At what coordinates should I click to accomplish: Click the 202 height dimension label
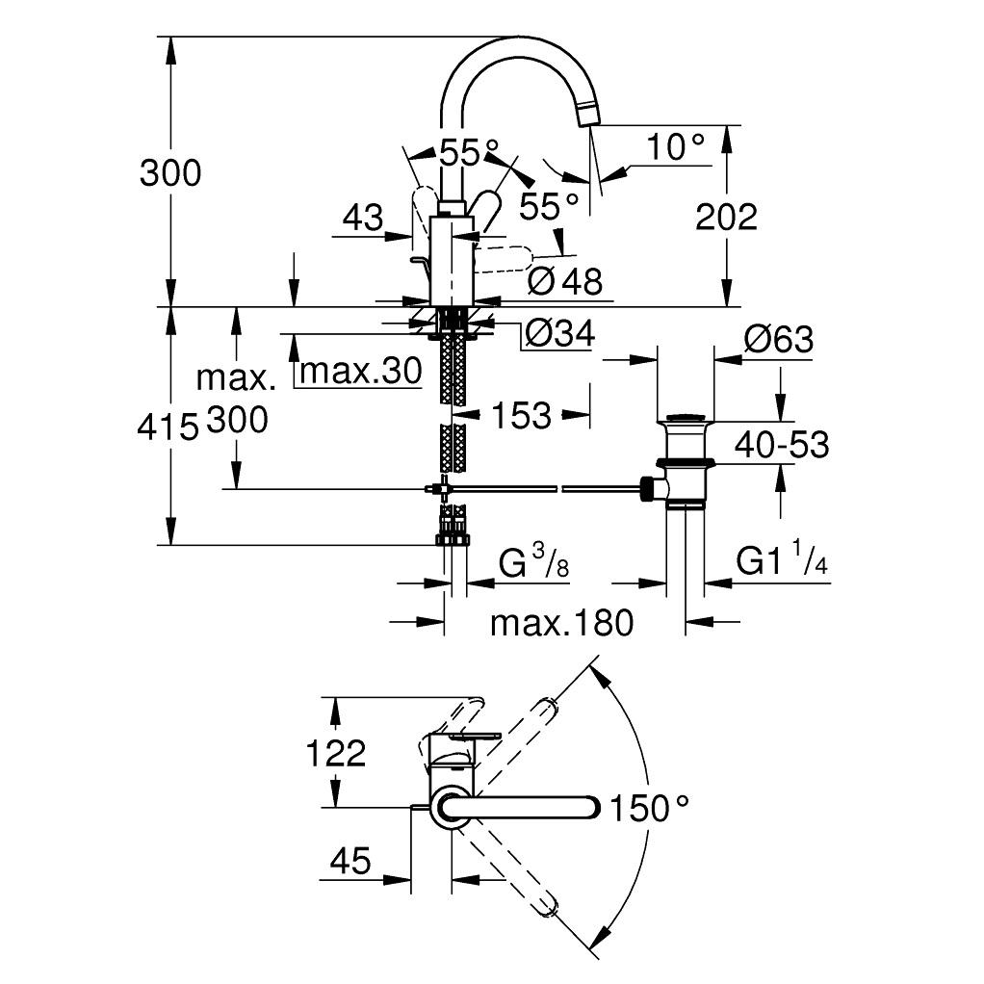pos(726,218)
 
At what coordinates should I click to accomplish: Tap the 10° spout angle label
pos(675,147)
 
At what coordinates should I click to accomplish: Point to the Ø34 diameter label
pos(558,334)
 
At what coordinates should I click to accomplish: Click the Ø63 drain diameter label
pos(778,340)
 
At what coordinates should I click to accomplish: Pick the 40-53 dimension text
pos(781,445)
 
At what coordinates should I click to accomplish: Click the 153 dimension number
pos(521,415)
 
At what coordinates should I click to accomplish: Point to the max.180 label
pos(562,623)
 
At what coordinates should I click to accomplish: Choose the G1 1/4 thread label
pos(783,561)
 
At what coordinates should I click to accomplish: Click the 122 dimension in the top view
pos(337,752)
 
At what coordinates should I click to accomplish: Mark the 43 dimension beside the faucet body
pos(363,218)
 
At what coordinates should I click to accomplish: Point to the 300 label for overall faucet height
pos(170,173)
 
